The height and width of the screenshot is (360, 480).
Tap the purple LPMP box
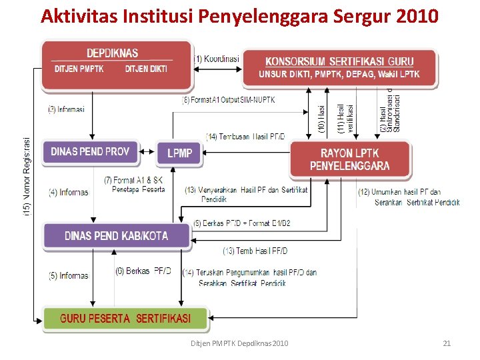179,153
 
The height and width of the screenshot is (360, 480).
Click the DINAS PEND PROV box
90,151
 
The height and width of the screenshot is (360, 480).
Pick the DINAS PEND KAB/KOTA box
117,236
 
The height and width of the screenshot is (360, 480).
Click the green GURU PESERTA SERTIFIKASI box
125,319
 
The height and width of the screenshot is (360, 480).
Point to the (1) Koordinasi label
216,58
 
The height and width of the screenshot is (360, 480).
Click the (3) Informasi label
66,109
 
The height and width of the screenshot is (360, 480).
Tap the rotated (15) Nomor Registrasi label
27,175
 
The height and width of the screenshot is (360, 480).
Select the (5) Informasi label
68,275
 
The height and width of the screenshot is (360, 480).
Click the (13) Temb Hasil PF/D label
255,251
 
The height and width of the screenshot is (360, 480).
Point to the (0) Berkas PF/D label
143,271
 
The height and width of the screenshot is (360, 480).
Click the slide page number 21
447,343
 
